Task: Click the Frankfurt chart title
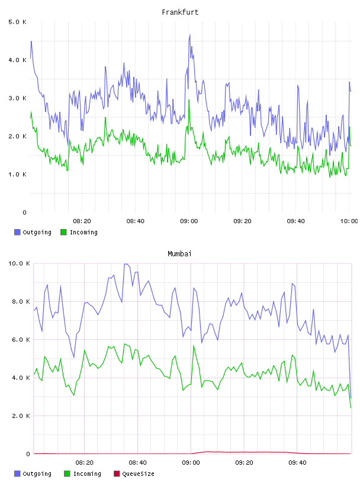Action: click(180, 12)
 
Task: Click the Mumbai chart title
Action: click(179, 254)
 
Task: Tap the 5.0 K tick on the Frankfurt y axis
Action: click(18, 22)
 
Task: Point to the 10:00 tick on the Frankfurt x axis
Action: click(349, 221)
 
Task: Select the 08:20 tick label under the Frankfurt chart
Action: click(82, 221)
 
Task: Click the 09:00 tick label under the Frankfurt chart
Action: click(189, 221)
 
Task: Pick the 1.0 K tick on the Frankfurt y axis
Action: click(18, 175)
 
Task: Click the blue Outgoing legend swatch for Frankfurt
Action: click(17, 232)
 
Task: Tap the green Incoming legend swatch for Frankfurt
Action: click(63, 232)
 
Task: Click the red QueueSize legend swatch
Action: click(117, 474)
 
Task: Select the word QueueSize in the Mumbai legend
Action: click(139, 474)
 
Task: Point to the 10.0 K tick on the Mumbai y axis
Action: click(19, 263)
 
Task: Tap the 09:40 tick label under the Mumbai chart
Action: click(297, 463)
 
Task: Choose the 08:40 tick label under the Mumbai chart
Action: click(137, 463)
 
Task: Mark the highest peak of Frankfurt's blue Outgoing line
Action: click(190, 34)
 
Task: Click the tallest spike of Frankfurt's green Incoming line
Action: click(189, 100)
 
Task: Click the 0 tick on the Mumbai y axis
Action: click(28, 454)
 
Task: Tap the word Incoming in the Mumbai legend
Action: click(87, 474)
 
